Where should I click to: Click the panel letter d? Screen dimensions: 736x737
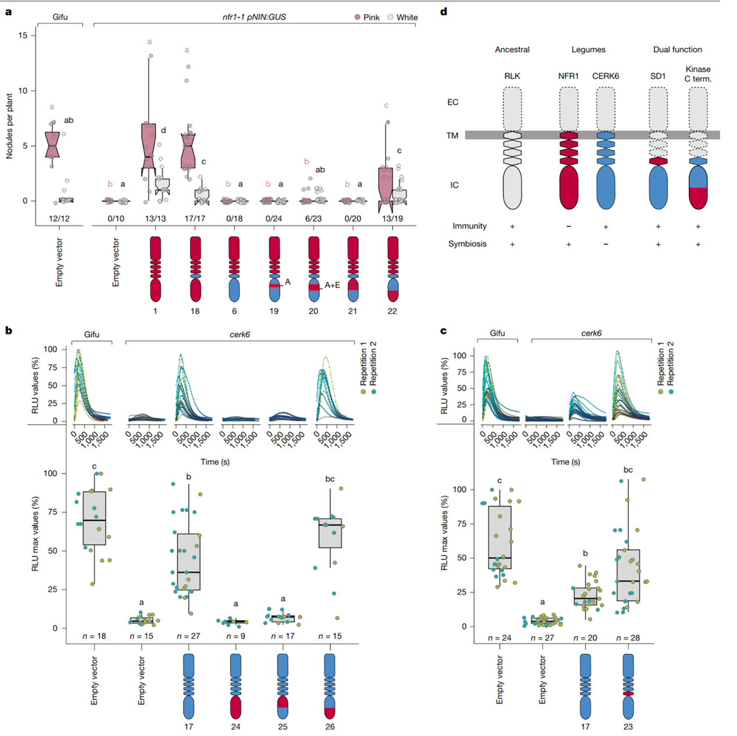[444, 11]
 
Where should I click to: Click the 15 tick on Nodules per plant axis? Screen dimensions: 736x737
[23, 35]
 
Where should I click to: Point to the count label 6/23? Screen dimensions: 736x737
[313, 218]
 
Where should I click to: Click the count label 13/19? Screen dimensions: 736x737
[392, 218]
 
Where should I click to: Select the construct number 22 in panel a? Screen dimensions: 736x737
[392, 311]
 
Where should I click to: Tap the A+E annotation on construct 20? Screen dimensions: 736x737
[332, 285]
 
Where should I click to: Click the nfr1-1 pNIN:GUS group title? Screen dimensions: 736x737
[254, 17]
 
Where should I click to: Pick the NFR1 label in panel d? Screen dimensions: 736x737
[568, 76]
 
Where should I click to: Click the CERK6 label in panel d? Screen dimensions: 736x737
[605, 76]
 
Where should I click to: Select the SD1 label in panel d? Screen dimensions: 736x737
[657, 76]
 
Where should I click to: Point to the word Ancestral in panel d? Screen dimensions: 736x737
[512, 49]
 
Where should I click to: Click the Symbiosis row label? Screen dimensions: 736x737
[467, 244]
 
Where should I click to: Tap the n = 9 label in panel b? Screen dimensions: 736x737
[235, 636]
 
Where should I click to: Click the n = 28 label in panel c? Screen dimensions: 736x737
[627, 638]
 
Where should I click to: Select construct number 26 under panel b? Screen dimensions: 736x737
[330, 726]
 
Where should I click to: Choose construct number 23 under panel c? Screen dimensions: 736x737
[628, 726]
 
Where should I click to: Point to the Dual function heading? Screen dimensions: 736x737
[677, 49]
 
